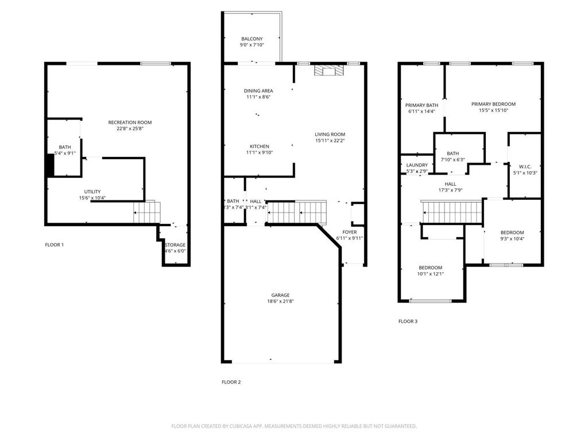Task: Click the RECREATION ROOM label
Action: [130, 122]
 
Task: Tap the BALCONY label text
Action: [252, 39]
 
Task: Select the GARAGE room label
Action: [281, 295]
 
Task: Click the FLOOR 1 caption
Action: [55, 245]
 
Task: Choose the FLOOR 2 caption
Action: [231, 382]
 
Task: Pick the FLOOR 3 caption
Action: [408, 322]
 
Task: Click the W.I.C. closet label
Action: [525, 167]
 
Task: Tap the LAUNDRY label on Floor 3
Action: [417, 165]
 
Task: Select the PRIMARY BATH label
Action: [421, 105]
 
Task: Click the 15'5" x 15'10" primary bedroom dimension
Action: [493, 111]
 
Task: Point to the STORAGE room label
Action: [175, 245]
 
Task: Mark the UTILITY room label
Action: [92, 191]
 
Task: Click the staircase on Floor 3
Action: [451, 212]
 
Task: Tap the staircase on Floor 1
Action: [147, 212]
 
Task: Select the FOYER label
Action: [349, 232]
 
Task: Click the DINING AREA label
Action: [258, 91]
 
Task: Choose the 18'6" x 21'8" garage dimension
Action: [281, 301]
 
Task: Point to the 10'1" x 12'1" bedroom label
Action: [430, 274]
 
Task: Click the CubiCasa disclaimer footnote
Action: [294, 426]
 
